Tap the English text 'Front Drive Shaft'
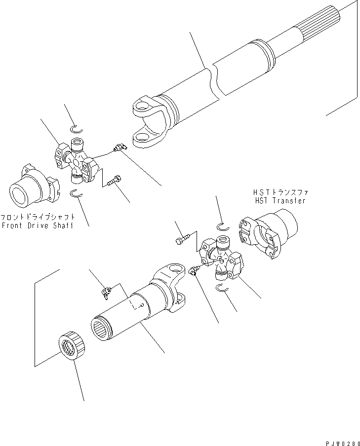tap(37, 225)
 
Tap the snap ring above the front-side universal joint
tap(75, 129)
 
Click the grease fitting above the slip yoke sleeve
tap(105, 292)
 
